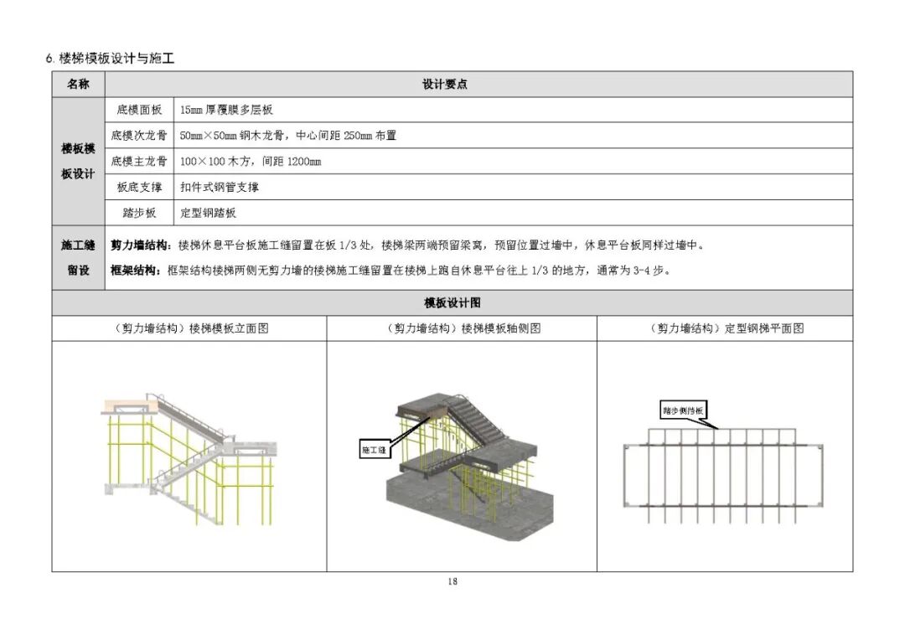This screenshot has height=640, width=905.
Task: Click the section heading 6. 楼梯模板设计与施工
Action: point(110,58)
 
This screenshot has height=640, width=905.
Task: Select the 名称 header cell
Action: point(78,84)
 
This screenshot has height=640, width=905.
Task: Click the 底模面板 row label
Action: point(139,110)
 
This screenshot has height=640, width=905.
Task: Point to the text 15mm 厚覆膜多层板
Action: point(226,110)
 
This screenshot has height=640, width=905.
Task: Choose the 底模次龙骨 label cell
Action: point(139,136)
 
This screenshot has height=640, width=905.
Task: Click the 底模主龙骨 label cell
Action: point(139,161)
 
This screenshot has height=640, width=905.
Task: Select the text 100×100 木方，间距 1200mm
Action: point(251,161)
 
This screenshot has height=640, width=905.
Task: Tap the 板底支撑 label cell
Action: point(139,187)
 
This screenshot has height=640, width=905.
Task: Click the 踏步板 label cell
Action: point(139,213)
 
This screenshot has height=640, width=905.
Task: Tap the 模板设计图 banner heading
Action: point(452,302)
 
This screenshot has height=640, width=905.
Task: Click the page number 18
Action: point(452,581)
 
